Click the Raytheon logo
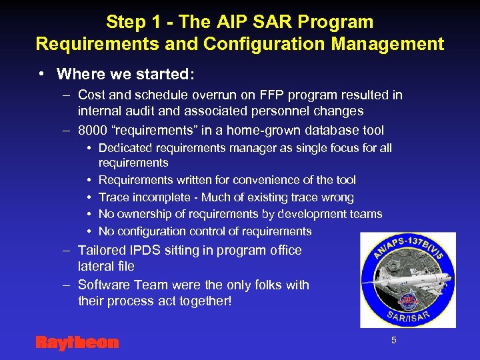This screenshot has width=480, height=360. tap(77, 343)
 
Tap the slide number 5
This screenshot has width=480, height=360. tap(393, 340)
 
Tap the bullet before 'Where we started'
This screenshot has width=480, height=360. tap(41, 73)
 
